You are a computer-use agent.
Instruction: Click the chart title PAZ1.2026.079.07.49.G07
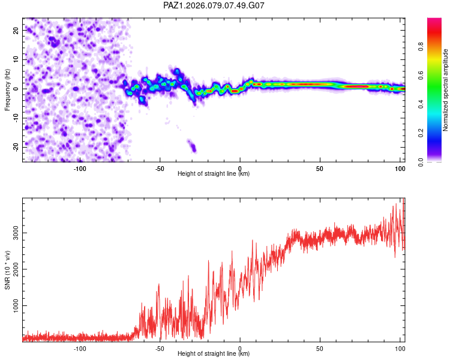pos(214,5)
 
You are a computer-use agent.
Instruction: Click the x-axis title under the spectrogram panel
pos(214,174)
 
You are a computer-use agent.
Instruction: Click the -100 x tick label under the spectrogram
pos(80,168)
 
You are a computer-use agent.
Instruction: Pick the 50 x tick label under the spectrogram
pos(320,168)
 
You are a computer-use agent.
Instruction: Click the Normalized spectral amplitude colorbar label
pos(446,90)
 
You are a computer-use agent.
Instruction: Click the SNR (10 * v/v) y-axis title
pos(7,270)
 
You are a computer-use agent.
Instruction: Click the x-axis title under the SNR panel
pos(214,354)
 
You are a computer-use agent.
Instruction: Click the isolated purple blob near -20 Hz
pos(192,146)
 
